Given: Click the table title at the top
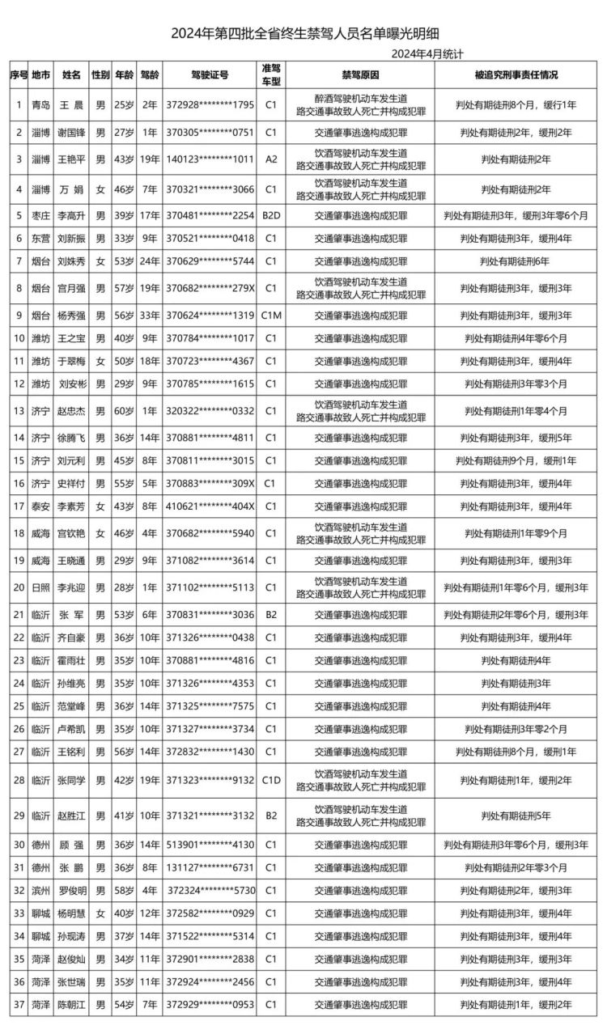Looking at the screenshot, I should click(303, 34).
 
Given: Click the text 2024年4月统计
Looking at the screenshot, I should click(427, 53).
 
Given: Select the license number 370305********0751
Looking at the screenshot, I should click(210, 132).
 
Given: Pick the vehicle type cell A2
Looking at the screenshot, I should click(271, 159).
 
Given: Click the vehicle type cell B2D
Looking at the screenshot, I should click(271, 217).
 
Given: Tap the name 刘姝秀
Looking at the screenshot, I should click(71, 261).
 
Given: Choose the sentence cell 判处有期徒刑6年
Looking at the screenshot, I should click(516, 261).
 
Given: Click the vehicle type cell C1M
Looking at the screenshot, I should click(271, 316).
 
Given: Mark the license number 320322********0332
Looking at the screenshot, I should click(210, 411).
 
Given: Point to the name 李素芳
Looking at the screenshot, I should click(71, 506).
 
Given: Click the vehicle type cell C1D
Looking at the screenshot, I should click(271, 781).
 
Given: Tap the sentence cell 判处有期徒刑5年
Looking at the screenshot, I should click(516, 816).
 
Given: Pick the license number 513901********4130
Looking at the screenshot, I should click(210, 845).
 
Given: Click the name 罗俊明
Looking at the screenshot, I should click(71, 890).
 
